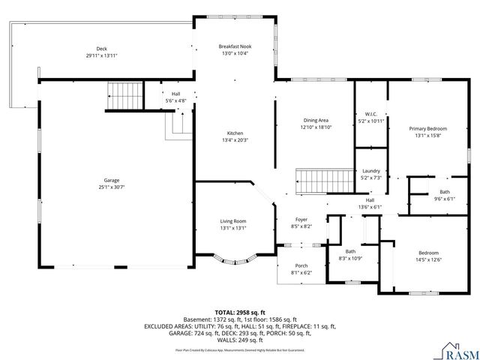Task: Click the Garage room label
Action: point(112,181)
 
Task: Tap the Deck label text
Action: point(101,49)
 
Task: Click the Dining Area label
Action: point(315,120)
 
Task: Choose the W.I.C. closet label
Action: point(370,115)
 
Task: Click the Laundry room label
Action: point(370,172)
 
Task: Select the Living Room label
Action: point(233,221)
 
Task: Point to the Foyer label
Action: point(301,219)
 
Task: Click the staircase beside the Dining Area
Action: point(323,180)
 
